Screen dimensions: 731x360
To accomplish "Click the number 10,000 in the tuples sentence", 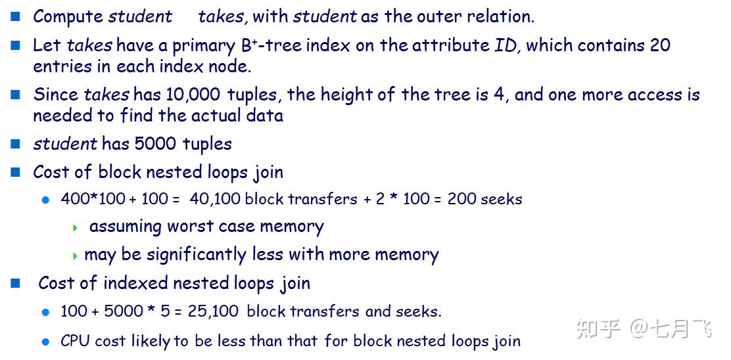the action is coord(193,95).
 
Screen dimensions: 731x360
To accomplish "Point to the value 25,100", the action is coord(213,311).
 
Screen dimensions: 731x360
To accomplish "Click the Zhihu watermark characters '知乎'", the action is coord(598,328).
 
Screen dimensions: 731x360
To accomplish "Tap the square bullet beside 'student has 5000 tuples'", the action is coord(16,144).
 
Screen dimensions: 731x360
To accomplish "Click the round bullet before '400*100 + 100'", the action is coord(45,200).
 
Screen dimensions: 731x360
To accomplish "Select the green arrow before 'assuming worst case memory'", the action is coord(76,228).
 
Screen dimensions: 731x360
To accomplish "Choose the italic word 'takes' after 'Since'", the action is coord(106,95).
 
